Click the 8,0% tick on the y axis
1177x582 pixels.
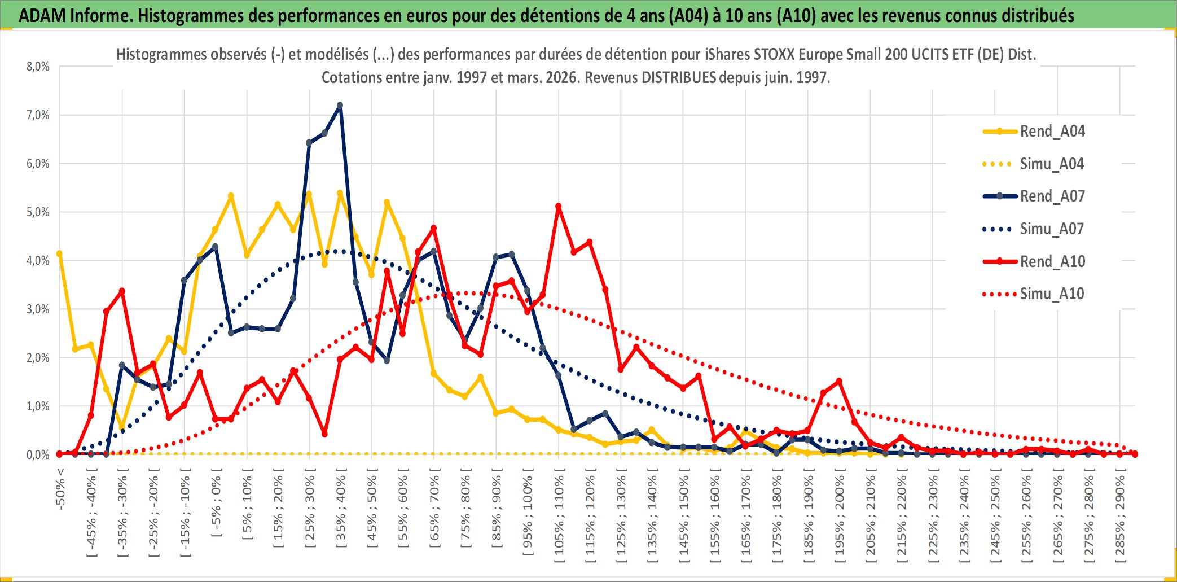[38, 67]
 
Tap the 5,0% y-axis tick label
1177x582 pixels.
[38, 212]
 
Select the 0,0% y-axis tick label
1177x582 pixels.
[38, 455]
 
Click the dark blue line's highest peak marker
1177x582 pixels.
[340, 106]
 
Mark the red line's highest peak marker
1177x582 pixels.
[559, 207]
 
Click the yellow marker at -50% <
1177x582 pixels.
[59, 254]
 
